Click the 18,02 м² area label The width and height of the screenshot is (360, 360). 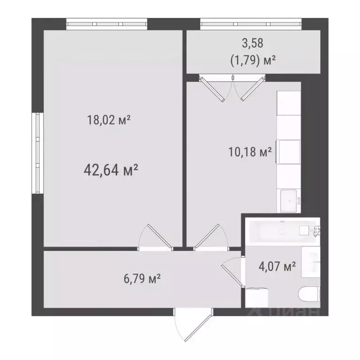[x=108, y=120]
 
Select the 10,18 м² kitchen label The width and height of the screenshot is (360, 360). [x=249, y=152]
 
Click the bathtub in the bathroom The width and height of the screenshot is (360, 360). [x=281, y=230]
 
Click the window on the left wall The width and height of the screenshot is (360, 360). [x=37, y=153]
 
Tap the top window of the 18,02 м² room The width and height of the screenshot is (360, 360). [x=107, y=23]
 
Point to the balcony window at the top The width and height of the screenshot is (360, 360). [x=251, y=23]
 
